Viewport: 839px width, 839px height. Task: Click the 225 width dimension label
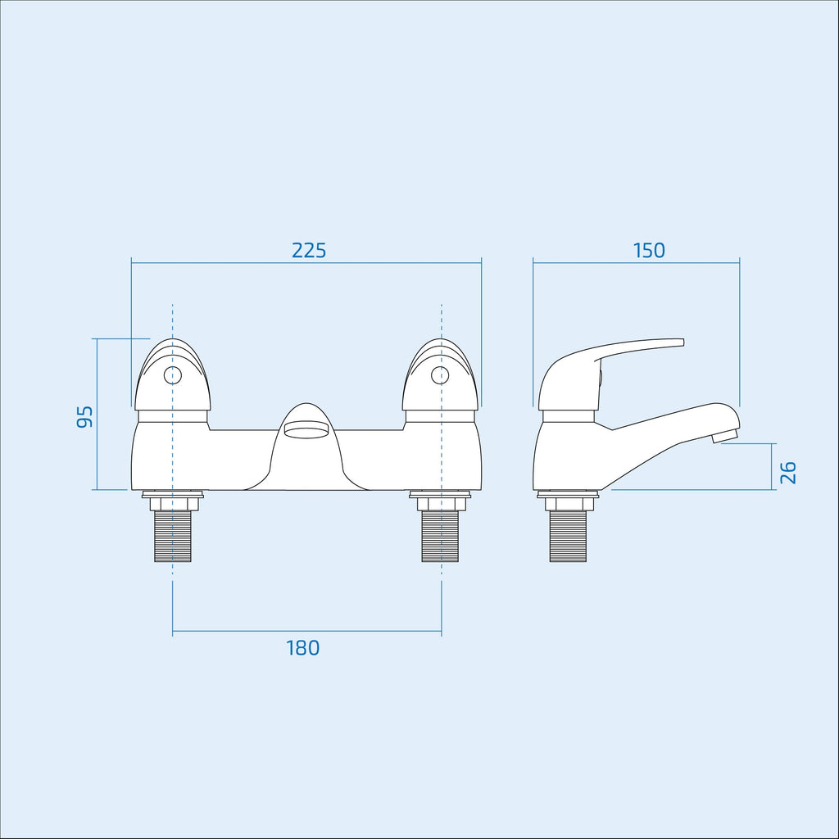click(x=309, y=251)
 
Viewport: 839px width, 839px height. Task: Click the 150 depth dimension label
click(x=649, y=251)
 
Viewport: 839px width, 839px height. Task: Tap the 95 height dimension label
click(x=84, y=416)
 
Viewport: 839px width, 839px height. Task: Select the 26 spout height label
click(x=787, y=473)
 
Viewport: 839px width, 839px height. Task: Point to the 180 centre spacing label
click(x=303, y=648)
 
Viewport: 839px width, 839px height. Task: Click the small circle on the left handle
click(x=172, y=375)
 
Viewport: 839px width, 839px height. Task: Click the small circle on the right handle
click(x=440, y=375)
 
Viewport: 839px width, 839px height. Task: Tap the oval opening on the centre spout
click(x=306, y=429)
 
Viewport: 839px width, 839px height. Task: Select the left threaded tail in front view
click(x=172, y=536)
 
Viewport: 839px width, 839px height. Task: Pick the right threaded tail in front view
click(x=440, y=536)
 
